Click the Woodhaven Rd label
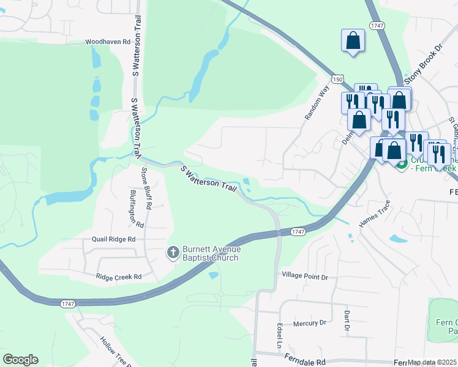[x=108, y=42]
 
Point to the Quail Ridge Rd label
[x=113, y=240]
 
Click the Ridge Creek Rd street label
[x=119, y=277]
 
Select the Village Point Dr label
[x=305, y=277]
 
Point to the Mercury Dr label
[x=310, y=323]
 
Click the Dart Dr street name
[x=346, y=321]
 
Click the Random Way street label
[x=317, y=102]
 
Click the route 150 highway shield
[x=338, y=79]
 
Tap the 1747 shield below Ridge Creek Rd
[x=67, y=303]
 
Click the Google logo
[x=20, y=360]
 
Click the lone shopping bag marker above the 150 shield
[x=353, y=41]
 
